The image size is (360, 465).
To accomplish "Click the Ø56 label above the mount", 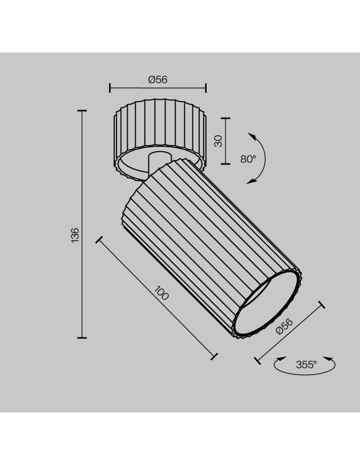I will point(158,80).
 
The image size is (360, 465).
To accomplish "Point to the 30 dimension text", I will point(218,141).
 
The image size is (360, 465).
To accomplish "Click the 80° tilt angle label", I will point(248,159).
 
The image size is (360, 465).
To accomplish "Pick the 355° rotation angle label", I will point(306,365).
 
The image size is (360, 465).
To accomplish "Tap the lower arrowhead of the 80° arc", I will point(251,181).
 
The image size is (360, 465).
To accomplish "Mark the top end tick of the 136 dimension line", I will point(82,111).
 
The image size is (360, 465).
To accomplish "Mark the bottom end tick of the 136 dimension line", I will point(82,337).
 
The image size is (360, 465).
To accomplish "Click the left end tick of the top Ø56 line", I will point(110,87).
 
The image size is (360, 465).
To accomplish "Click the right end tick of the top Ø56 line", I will point(206,87).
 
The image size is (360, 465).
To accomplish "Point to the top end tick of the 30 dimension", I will point(226,119).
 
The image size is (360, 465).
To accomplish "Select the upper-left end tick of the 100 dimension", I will point(99,239).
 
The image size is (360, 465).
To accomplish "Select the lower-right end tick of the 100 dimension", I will point(214,357).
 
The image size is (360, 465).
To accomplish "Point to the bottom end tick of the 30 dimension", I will point(226,163).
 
